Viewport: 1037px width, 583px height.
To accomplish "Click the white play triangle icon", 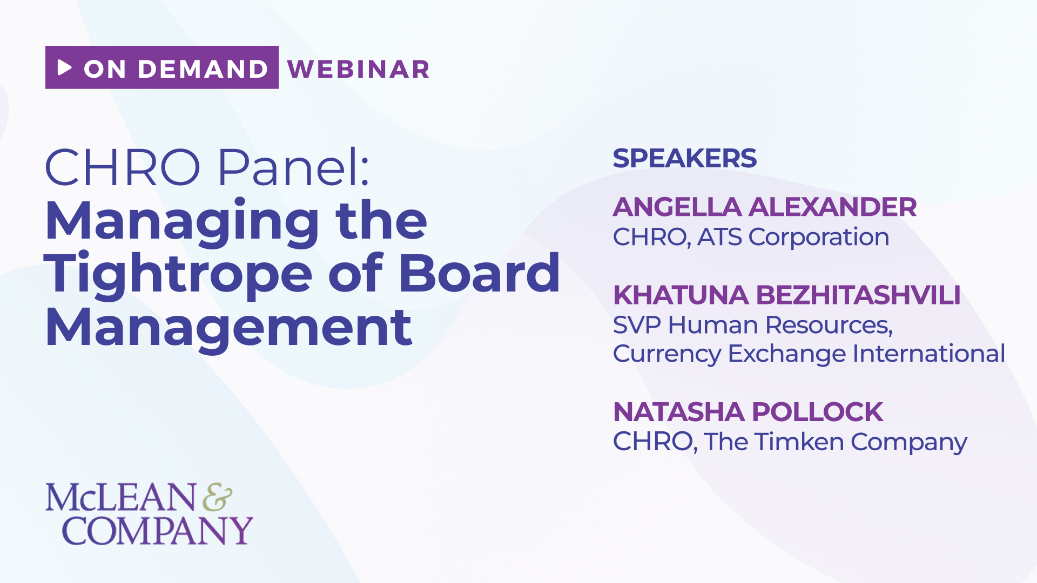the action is [65, 67].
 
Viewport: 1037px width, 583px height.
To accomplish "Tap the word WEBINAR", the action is [359, 69].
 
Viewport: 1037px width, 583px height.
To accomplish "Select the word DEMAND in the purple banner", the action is [203, 69].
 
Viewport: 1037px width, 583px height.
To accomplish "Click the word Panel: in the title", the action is [294, 167].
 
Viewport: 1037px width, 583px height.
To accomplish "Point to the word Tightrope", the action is [178, 274].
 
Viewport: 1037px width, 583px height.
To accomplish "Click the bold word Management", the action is [228, 327].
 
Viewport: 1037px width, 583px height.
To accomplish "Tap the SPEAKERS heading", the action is [685, 158].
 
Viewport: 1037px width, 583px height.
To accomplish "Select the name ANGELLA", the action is [677, 207].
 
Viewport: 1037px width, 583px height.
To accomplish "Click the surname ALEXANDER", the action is [833, 207].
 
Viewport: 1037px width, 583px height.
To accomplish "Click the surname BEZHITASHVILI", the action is [858, 295].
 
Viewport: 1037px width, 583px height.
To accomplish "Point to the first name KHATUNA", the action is [681, 295].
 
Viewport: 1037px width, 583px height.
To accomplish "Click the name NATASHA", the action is [679, 412].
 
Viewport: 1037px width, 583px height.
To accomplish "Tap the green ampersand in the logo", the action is [218, 497].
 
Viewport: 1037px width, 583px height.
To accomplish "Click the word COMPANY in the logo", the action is [158, 531].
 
